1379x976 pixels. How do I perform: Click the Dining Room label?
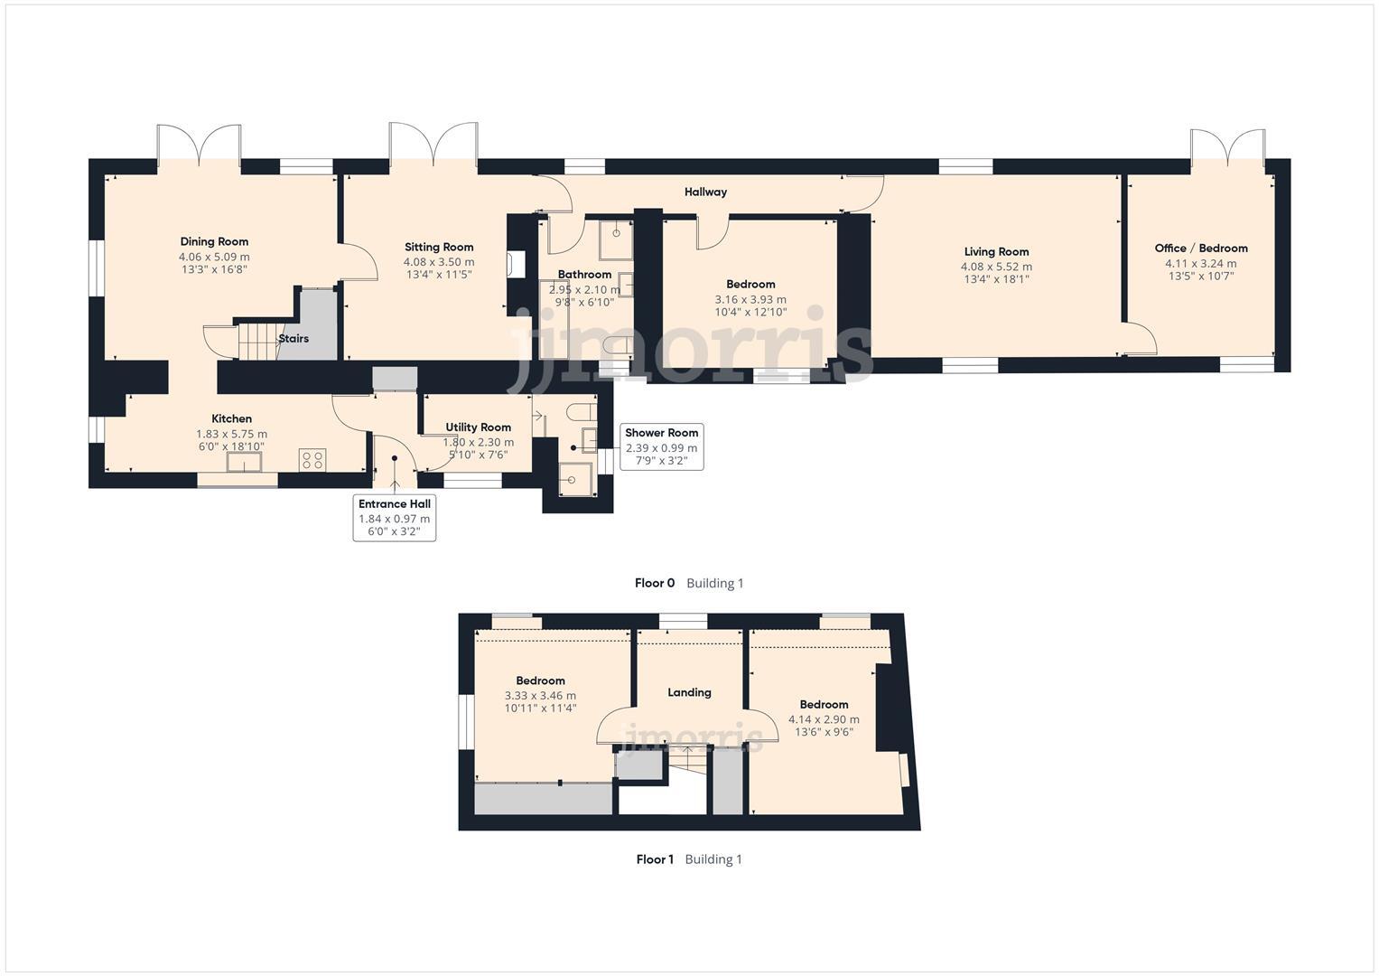pyautogui.click(x=214, y=241)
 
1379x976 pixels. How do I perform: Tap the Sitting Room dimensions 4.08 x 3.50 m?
pyautogui.click(x=439, y=262)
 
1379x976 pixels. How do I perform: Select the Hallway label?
pyautogui.click(x=705, y=192)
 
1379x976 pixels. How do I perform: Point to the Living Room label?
pyautogui.click(x=996, y=251)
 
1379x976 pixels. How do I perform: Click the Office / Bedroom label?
pyautogui.click(x=1200, y=248)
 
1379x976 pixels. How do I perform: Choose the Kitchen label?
pyautogui.click(x=232, y=418)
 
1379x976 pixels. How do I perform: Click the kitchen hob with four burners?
pyautogui.click(x=312, y=460)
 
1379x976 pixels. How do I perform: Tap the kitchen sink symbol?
pyautogui.click(x=245, y=462)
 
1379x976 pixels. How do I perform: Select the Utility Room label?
pyautogui.click(x=478, y=427)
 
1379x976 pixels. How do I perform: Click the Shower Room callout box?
pyautogui.click(x=661, y=446)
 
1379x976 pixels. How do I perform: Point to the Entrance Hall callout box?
pyautogui.click(x=395, y=518)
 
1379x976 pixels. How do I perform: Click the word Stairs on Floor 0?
pyautogui.click(x=294, y=339)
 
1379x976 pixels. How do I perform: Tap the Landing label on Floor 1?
pyautogui.click(x=689, y=692)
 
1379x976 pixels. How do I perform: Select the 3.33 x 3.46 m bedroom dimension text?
pyautogui.click(x=540, y=696)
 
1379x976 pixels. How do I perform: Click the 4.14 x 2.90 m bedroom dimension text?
pyautogui.click(x=824, y=719)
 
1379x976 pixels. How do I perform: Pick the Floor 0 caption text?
pyautogui.click(x=655, y=583)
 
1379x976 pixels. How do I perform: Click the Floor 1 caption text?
pyautogui.click(x=655, y=859)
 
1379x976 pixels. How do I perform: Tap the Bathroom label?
pyautogui.click(x=584, y=274)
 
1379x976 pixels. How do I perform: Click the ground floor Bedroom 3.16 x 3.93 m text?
pyautogui.click(x=750, y=299)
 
